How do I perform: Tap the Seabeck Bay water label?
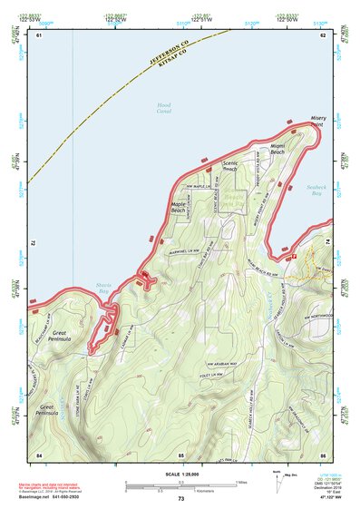(314, 190)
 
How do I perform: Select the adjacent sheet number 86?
(322, 454)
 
